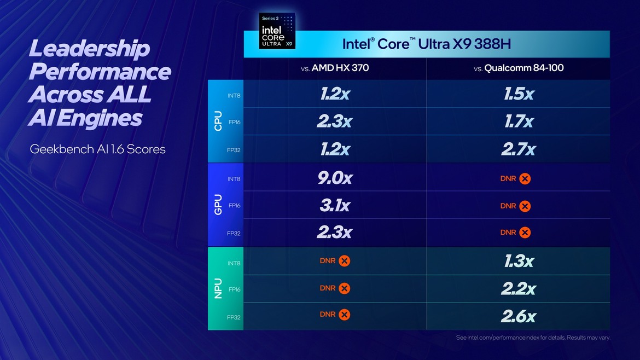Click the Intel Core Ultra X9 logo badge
point(277,31)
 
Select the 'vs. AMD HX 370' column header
point(335,68)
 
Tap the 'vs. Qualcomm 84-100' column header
point(518,68)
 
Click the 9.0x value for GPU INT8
point(335,178)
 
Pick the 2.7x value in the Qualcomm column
point(519,149)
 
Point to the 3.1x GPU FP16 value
point(335,206)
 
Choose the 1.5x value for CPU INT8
point(519,94)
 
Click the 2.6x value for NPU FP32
point(519,316)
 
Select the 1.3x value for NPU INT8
point(519,262)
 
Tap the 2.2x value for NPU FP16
point(519,289)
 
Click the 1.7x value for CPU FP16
point(519,121)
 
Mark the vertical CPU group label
point(218,121)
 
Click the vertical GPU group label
point(218,205)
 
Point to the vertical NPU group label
point(218,289)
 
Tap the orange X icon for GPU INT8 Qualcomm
point(525,178)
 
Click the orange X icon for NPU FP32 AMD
point(344,315)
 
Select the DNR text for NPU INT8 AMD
point(328,261)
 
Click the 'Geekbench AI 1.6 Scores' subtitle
point(97,149)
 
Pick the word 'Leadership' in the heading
point(89,49)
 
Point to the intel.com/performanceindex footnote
point(533,338)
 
